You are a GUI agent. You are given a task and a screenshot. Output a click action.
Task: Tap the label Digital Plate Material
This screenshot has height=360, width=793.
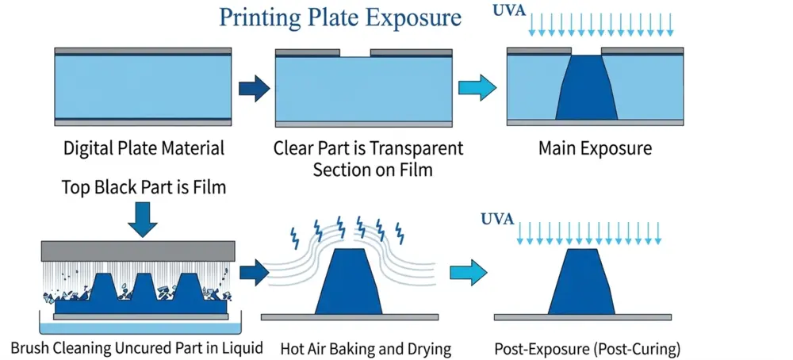(144, 147)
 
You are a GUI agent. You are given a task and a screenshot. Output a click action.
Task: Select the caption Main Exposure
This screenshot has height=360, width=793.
(596, 147)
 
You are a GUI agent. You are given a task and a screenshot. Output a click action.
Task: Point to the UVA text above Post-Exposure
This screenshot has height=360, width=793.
(498, 219)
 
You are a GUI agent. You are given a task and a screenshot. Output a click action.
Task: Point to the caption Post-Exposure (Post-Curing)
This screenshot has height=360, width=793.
(588, 348)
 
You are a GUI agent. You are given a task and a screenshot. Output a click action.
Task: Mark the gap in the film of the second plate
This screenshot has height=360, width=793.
(354, 52)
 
